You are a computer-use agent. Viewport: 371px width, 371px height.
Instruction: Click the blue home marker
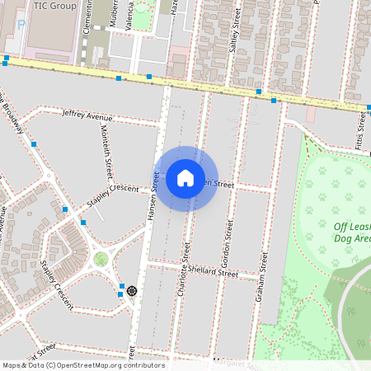185,177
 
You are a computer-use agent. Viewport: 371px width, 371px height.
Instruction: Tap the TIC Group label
54,6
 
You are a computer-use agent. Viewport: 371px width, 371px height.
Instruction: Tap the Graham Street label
262,277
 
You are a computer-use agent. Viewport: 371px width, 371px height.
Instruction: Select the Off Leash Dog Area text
353,232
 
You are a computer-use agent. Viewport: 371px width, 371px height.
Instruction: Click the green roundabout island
101,260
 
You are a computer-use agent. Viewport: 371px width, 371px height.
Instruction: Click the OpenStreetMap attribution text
82,365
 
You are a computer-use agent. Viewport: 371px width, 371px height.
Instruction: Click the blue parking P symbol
21,25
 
